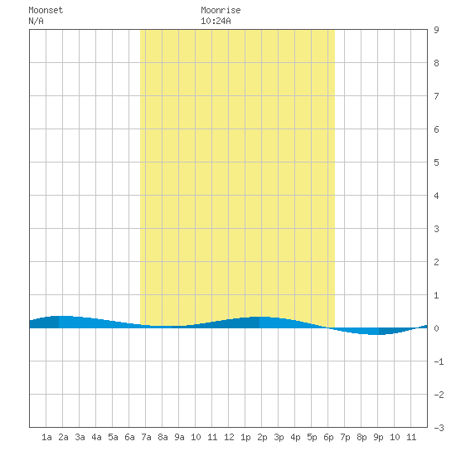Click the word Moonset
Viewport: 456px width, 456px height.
pos(46,10)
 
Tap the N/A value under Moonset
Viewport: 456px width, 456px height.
pos(36,21)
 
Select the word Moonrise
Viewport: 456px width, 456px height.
pos(221,10)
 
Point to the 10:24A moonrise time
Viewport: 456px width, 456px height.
pos(216,21)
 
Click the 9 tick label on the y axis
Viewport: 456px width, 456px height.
pos(436,30)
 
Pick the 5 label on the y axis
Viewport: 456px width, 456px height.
pos(436,163)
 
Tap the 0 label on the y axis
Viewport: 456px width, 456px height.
pos(436,328)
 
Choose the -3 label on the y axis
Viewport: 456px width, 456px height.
pos(439,428)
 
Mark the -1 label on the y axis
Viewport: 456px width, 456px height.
pos(439,361)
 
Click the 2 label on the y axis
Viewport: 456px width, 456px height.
pos(436,262)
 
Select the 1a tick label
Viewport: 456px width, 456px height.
pos(46,437)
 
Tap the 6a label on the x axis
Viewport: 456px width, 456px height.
pos(129,437)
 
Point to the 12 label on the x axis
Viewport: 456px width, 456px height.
pos(229,437)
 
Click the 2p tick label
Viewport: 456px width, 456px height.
pos(262,437)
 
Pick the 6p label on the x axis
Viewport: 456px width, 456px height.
pos(328,437)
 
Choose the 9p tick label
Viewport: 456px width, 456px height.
pos(378,437)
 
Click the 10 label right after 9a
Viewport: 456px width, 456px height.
pos(196,437)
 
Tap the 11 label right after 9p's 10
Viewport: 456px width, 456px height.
pos(411,437)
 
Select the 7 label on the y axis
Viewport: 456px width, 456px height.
pos(436,96)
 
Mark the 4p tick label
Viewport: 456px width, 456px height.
pos(295,437)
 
